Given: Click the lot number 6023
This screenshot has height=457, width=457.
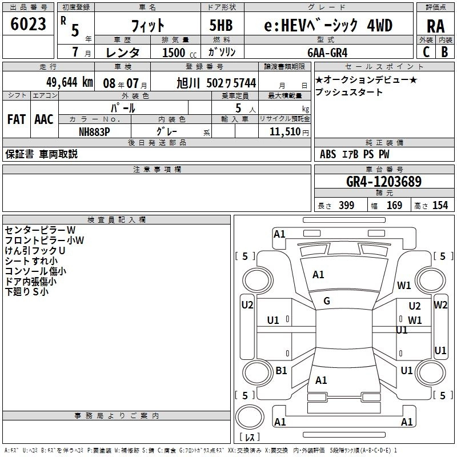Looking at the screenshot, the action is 28,24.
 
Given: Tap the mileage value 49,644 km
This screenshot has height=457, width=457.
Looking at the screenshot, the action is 70,83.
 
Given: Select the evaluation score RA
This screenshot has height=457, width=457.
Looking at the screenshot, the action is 435,26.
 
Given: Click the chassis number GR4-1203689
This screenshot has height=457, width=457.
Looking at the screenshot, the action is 384,182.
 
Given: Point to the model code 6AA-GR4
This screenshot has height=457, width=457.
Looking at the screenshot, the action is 327,53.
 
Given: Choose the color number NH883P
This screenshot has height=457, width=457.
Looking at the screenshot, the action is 94,132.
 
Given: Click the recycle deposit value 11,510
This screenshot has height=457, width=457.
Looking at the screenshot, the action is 284,132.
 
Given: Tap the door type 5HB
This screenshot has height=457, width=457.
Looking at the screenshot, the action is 221,25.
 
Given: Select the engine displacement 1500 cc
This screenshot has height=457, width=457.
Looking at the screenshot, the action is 179,53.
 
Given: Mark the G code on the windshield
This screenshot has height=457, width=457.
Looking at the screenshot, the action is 327,301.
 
